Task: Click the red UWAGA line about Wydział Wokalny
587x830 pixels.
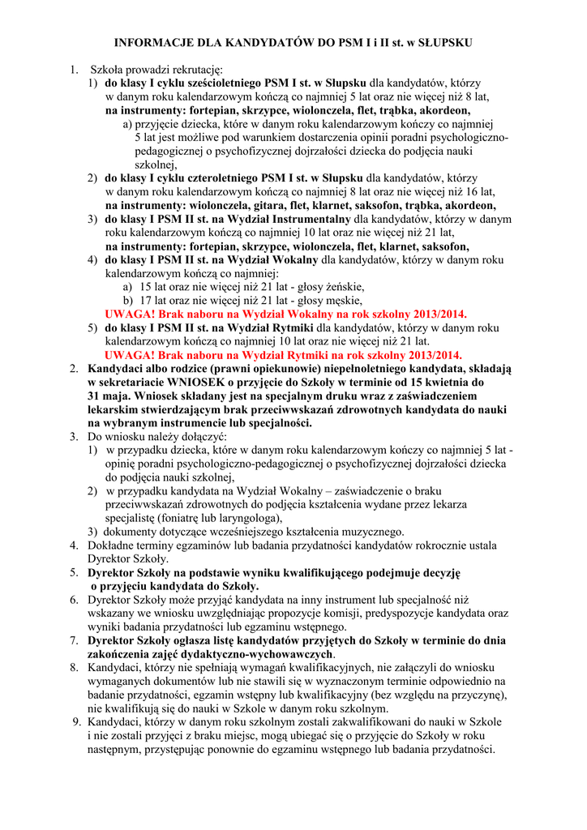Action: point(282,314)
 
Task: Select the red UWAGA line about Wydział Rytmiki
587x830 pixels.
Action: point(284,355)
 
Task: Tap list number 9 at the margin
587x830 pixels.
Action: point(77,722)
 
